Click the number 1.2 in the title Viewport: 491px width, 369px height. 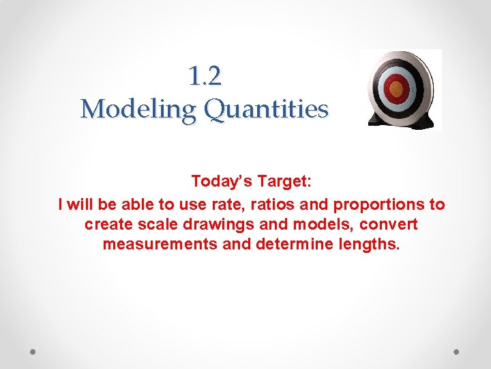point(205,77)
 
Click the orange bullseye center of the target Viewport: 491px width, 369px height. point(396,87)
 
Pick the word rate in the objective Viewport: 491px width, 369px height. point(221,204)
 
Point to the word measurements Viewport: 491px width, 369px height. point(160,244)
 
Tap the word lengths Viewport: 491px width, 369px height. point(370,244)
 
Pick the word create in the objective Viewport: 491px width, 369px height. point(106,224)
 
